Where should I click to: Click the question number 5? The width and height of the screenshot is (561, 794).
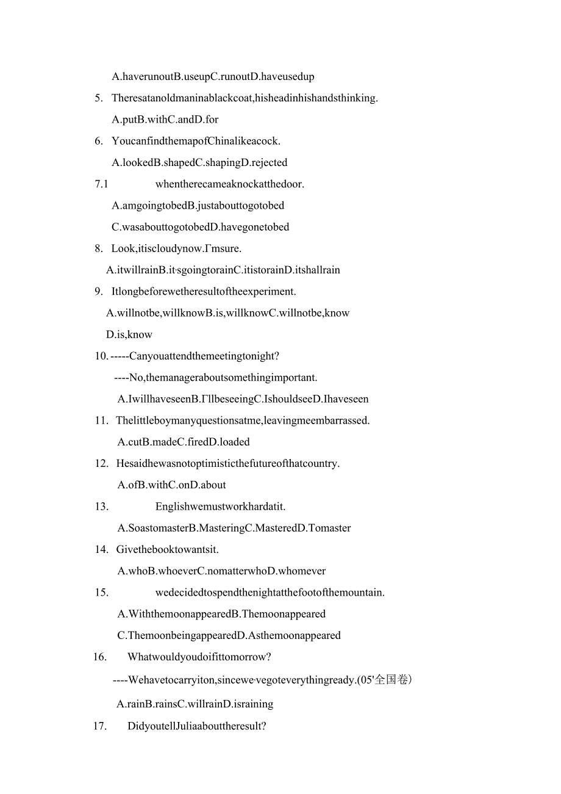(x=99, y=98)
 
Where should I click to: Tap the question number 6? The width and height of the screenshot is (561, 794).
(x=99, y=141)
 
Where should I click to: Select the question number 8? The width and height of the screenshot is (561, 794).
(x=99, y=248)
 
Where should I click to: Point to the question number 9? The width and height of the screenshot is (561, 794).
(x=99, y=292)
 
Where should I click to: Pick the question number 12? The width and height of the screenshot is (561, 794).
(x=101, y=463)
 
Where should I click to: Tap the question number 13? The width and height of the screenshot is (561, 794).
(x=101, y=507)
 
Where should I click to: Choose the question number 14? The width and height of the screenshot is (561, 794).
(x=101, y=549)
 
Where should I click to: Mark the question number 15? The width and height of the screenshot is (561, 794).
(x=101, y=593)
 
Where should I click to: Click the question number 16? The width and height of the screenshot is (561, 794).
(x=100, y=657)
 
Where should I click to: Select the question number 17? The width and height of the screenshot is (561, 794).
(x=100, y=726)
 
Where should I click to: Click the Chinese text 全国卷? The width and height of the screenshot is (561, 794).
(x=390, y=680)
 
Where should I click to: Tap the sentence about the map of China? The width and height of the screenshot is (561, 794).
(x=196, y=141)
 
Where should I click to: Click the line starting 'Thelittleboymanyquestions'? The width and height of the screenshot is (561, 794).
(x=243, y=420)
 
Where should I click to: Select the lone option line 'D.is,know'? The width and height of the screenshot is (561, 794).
(x=129, y=334)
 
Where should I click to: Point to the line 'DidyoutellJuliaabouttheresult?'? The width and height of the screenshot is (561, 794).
(x=197, y=726)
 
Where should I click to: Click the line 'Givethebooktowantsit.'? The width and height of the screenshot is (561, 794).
(x=167, y=549)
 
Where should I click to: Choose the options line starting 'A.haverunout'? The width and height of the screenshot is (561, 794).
(x=213, y=77)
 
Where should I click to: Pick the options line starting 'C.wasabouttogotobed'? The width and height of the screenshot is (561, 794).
(x=201, y=227)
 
